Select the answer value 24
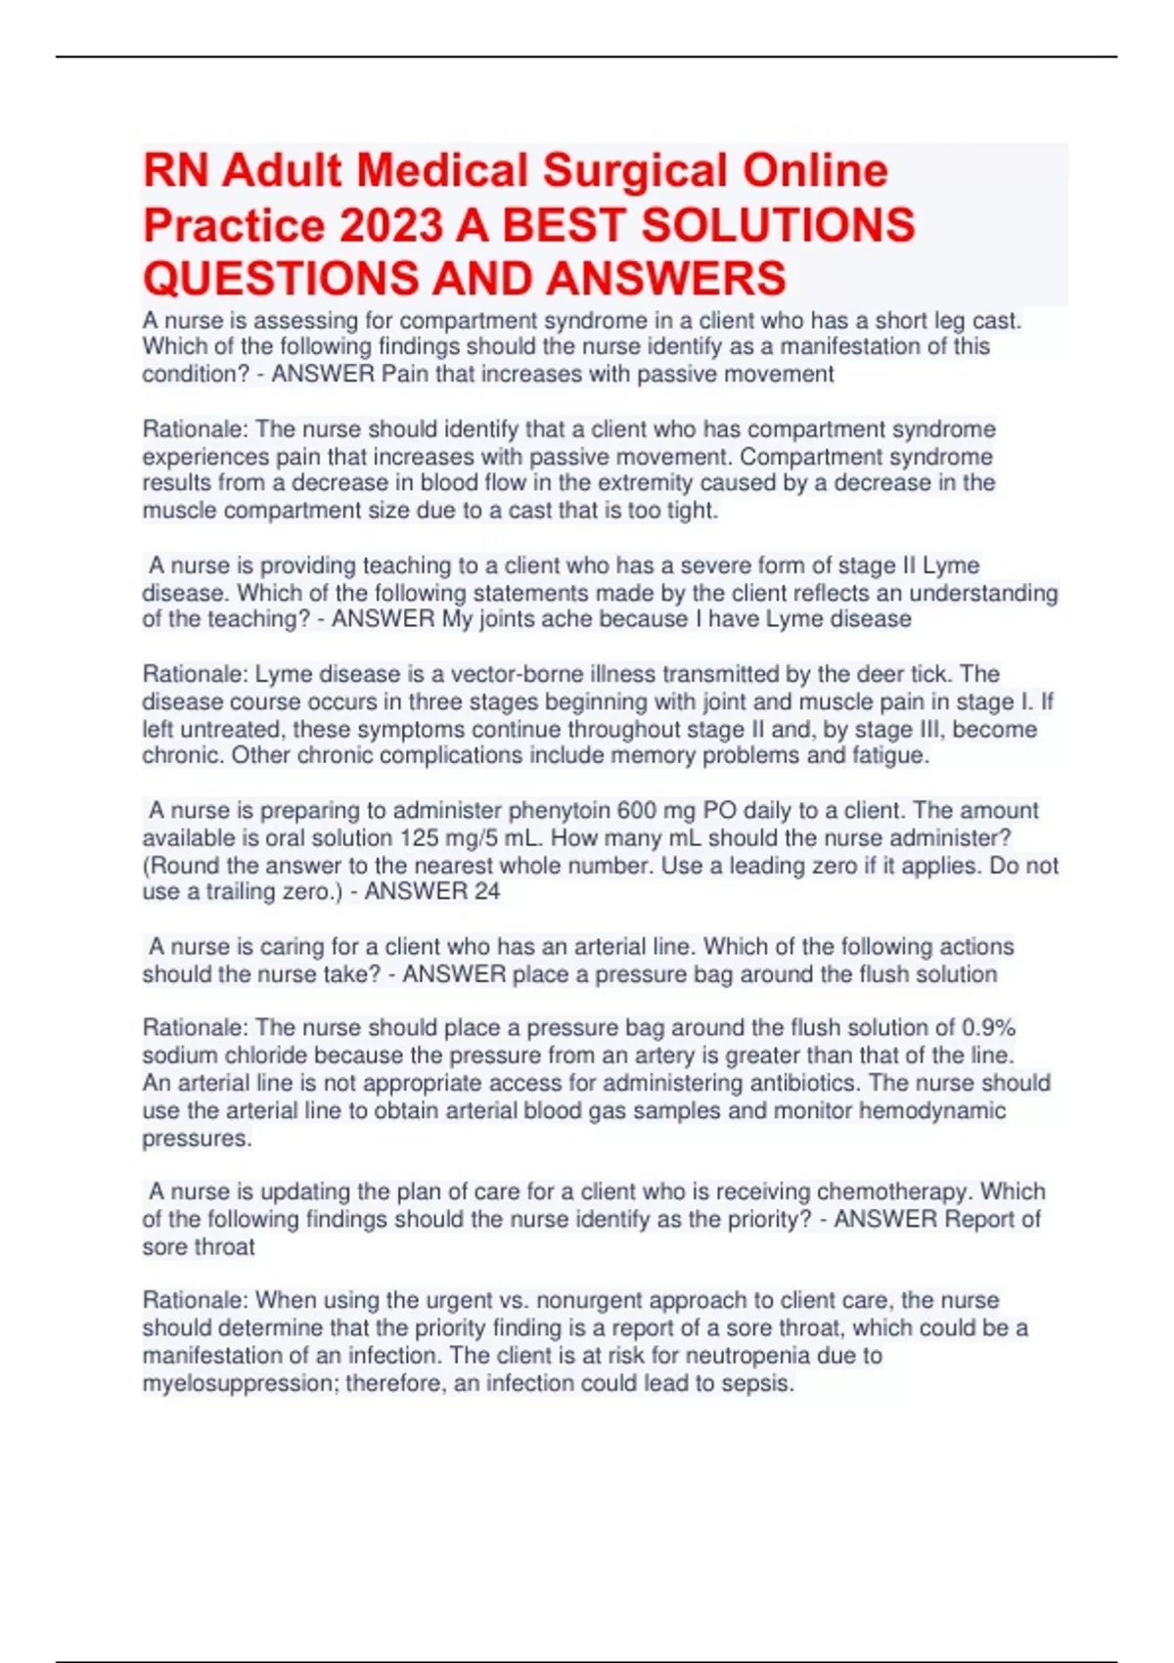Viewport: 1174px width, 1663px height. (486, 891)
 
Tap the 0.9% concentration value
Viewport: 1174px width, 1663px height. (989, 1028)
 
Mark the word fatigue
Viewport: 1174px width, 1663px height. (888, 755)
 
